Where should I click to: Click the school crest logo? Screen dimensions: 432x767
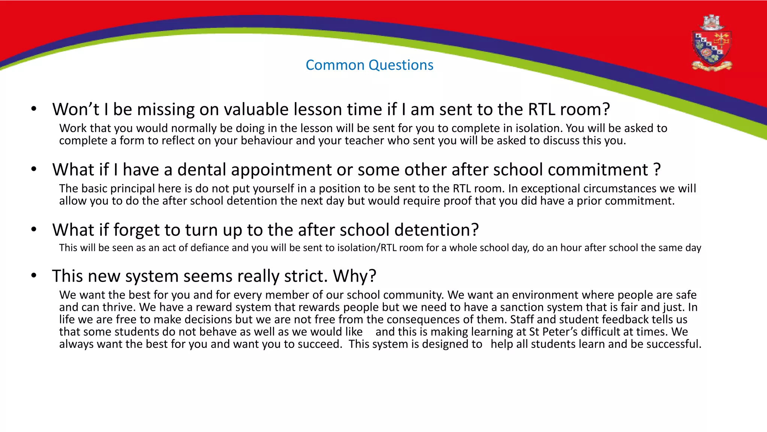[712, 44]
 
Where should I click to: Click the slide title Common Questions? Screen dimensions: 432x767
[369, 65]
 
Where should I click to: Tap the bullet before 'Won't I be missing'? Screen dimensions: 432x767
[34, 109]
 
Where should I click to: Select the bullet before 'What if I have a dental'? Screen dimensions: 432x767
[34, 169]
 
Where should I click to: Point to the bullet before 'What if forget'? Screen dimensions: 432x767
[34, 229]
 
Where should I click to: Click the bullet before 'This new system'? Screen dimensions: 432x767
[34, 276]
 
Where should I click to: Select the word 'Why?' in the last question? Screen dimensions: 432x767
[354, 276]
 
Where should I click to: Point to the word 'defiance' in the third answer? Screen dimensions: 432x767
[210, 248]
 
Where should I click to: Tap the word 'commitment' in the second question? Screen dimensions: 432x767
[598, 169]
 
